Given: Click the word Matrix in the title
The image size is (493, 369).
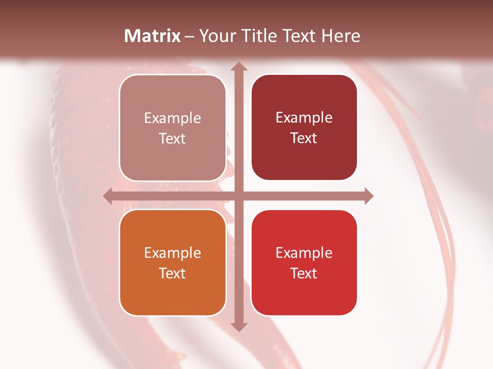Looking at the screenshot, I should pos(153,36).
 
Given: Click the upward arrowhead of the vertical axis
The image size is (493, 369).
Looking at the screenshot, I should pos(238,67).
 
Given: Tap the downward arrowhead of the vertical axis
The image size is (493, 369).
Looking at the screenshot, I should pos(238,326).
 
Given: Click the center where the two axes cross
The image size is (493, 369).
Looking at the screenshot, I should pos(238,196).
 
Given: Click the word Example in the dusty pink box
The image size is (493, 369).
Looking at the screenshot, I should pos(173,118).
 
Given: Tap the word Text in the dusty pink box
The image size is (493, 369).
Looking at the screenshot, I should pos(173,138).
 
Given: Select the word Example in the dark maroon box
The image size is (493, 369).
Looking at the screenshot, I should pos(304,117).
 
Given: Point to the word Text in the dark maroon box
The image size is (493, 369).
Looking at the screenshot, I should pos(304,138).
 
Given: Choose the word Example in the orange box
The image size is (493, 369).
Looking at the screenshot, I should pos(173,253).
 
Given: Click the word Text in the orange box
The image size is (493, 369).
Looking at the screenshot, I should pos(173,273).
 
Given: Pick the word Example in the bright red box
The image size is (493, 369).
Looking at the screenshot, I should pos(304,253).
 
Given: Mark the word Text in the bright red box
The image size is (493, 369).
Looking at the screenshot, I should pos(304,273).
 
